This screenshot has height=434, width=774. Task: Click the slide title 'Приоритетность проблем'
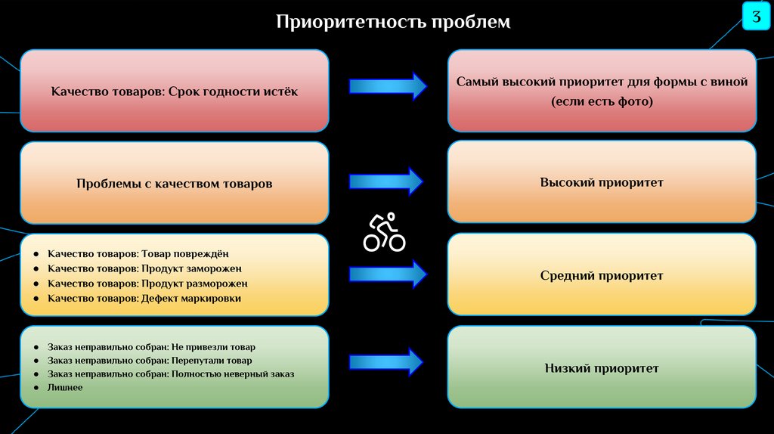tap(392, 22)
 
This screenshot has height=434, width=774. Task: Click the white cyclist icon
tap(384, 233)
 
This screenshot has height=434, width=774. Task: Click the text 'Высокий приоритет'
tap(602, 182)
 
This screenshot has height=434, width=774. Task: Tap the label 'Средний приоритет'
tap(602, 275)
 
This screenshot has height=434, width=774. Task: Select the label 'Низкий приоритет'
tap(602, 368)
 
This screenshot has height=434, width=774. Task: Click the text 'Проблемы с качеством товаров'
tap(175, 183)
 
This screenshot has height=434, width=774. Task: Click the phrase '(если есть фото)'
tap(602, 101)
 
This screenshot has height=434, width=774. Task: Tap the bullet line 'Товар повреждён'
tap(138, 254)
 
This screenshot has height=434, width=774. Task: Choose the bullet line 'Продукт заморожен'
tap(144, 268)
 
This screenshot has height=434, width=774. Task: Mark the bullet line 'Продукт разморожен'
tap(147, 284)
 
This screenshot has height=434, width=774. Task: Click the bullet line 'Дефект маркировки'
tap(144, 299)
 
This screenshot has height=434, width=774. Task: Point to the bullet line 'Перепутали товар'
tap(150, 361)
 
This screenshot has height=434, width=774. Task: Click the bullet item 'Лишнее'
tap(65, 387)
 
